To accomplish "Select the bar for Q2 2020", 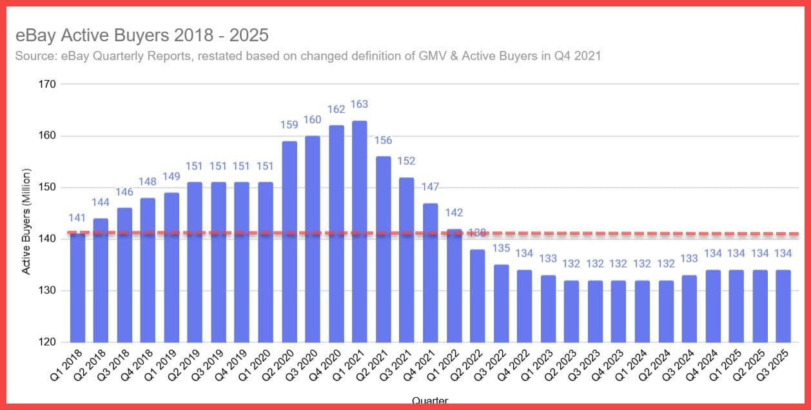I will (x=289, y=241).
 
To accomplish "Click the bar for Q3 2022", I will (x=501, y=303).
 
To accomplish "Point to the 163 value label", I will (x=360, y=104).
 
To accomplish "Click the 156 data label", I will (x=384, y=141).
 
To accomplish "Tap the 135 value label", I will (x=501, y=249).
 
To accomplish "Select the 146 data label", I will (x=124, y=192).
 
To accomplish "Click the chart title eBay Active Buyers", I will (x=142, y=35).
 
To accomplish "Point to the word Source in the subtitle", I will (x=34, y=55).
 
